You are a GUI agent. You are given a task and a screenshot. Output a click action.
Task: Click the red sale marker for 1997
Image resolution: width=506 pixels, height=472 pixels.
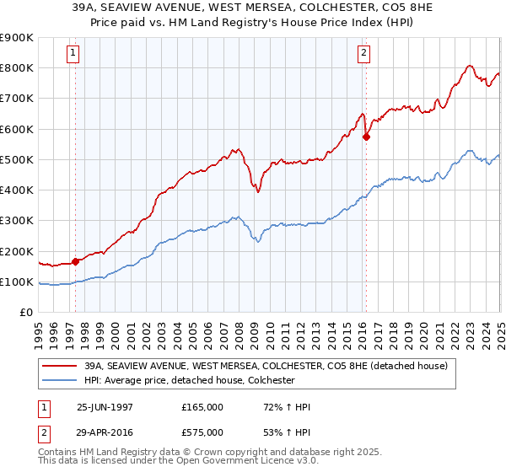(76, 261)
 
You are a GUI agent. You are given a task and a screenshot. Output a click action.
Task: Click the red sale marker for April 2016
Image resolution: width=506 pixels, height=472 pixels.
(366, 137)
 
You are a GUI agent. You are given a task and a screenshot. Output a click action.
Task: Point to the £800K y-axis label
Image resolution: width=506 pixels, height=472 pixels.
(17, 67)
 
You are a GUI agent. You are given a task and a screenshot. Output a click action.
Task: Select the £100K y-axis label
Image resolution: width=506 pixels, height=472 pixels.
(17, 282)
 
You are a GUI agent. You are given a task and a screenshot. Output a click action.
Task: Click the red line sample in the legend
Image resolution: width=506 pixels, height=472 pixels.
(60, 367)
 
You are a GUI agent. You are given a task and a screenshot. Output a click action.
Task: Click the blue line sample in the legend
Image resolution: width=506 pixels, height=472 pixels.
(60, 380)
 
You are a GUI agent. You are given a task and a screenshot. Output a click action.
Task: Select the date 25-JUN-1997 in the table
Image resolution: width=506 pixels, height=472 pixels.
(106, 407)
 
